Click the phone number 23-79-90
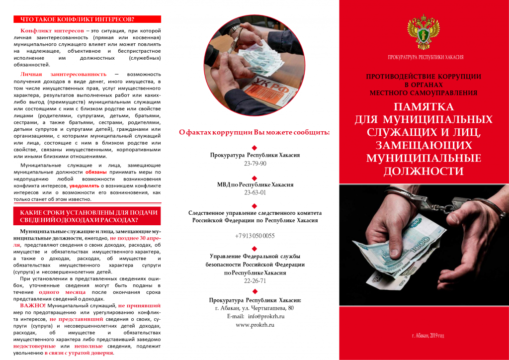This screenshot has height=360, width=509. click(255, 164)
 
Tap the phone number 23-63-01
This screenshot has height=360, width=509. click(255, 193)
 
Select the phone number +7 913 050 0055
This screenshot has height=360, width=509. click(255, 236)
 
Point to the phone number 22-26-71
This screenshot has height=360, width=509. click(255, 281)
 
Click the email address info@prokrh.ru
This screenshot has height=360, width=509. click(255, 316)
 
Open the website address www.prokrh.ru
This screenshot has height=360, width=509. click(255, 325)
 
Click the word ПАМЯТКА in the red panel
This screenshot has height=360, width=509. click(424, 107)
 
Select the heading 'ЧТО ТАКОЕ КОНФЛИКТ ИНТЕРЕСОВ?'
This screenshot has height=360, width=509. click(77, 19)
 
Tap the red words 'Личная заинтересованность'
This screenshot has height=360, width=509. click(64, 74)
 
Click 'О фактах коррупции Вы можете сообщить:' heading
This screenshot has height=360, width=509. click(254, 132)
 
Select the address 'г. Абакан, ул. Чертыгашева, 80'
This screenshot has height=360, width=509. click(255, 308)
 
